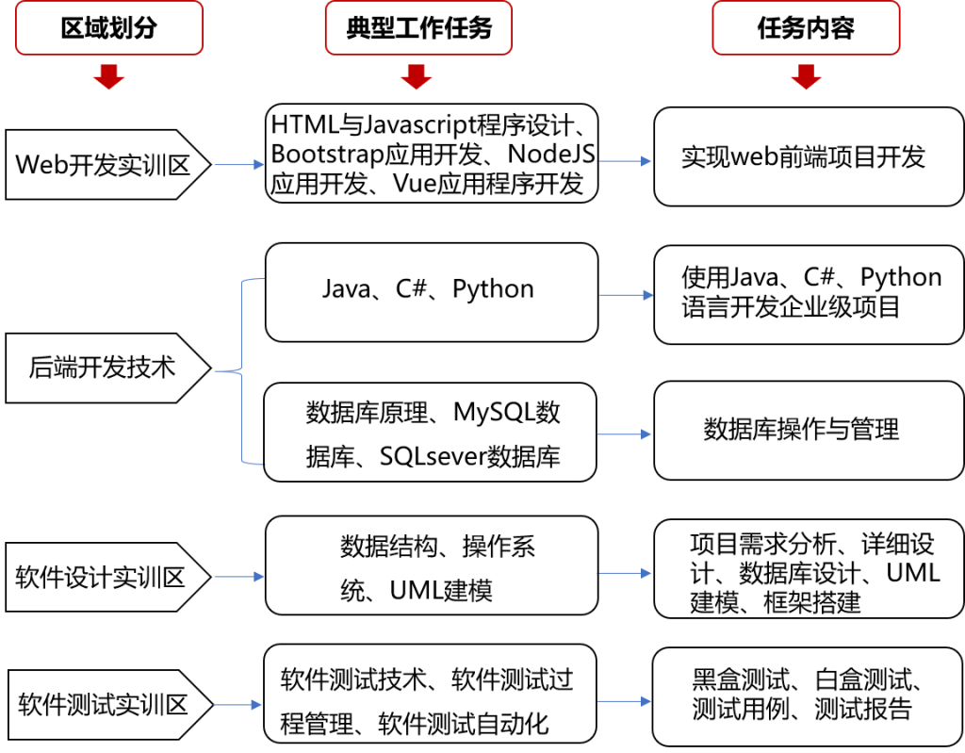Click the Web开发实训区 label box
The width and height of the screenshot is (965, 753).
[104, 165]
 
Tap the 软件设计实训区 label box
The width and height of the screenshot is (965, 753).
[102, 577]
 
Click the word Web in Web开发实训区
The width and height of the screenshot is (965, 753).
[39, 165]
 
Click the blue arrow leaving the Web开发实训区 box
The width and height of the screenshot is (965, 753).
[239, 165]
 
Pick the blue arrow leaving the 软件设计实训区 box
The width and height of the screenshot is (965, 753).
[239, 577]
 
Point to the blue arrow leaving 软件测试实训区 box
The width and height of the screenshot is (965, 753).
[237, 704]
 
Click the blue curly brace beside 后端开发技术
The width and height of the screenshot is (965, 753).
[243, 371]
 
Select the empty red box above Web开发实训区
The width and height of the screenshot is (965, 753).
[108, 27]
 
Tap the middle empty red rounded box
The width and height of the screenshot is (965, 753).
[418, 27]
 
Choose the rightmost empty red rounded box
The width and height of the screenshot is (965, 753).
[806, 27]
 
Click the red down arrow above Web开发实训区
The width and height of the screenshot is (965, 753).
[108, 77]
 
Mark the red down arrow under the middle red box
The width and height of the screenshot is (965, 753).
[416, 77]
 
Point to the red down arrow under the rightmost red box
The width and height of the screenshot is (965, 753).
[806, 77]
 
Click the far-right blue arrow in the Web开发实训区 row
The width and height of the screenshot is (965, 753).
[624, 161]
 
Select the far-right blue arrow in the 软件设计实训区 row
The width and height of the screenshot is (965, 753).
[624, 573]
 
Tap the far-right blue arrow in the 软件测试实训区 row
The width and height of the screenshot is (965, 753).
[624, 701]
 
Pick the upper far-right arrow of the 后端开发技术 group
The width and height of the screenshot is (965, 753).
[626, 296]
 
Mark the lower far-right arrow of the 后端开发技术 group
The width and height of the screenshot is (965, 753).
[624, 434]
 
